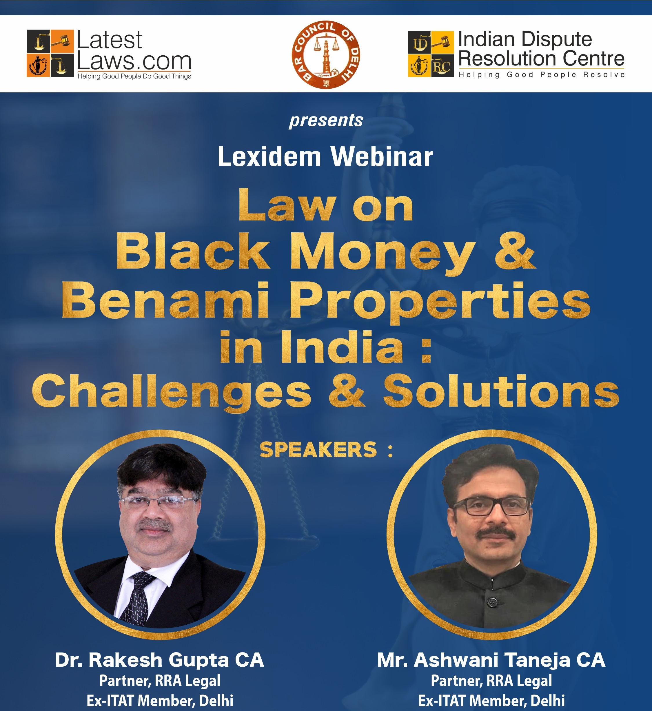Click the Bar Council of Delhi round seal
[x=326, y=55]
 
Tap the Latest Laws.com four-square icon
[x=50, y=53]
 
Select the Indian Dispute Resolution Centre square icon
[x=431, y=54]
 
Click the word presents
[x=326, y=120]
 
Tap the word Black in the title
[x=193, y=251]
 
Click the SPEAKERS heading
[x=318, y=450]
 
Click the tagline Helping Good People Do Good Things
[x=134, y=76]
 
